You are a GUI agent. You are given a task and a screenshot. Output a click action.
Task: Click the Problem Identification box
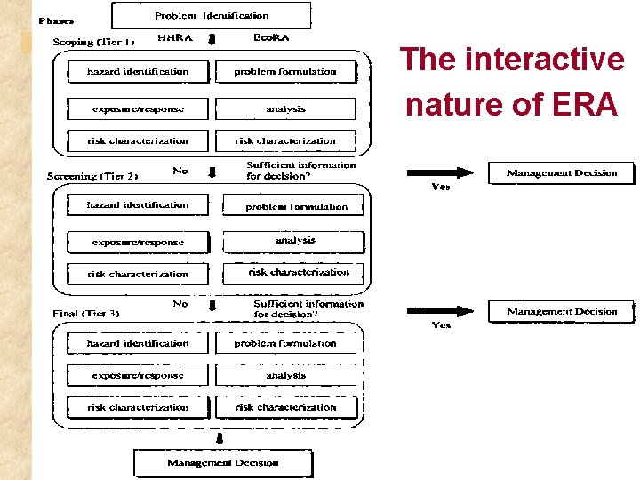click(212, 16)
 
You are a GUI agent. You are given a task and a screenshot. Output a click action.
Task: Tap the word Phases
click(56, 20)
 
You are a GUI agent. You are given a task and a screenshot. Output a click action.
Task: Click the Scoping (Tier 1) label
click(93, 42)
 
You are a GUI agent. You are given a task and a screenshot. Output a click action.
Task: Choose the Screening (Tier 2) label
click(92, 176)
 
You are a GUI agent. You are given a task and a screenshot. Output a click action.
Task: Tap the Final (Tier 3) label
click(86, 313)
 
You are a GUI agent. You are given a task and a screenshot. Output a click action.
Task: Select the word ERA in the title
click(583, 105)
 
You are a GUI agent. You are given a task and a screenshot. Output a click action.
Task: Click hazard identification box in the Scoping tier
click(138, 72)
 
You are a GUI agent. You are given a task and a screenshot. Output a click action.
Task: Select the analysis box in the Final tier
click(285, 376)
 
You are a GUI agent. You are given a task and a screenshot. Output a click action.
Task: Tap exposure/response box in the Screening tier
click(138, 242)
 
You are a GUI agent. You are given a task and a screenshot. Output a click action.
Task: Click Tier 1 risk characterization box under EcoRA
click(285, 140)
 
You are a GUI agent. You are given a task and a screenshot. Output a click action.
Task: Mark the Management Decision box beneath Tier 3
click(223, 462)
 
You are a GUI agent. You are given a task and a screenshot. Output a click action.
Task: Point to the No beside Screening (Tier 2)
click(180, 170)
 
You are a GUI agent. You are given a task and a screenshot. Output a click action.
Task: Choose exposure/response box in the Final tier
click(138, 376)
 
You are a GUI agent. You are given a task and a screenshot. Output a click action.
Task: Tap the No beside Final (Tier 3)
click(180, 304)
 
